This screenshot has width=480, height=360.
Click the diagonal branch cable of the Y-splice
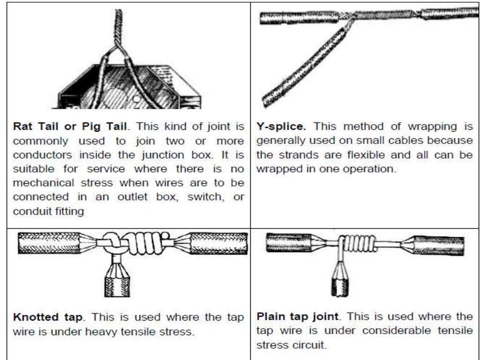305,66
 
